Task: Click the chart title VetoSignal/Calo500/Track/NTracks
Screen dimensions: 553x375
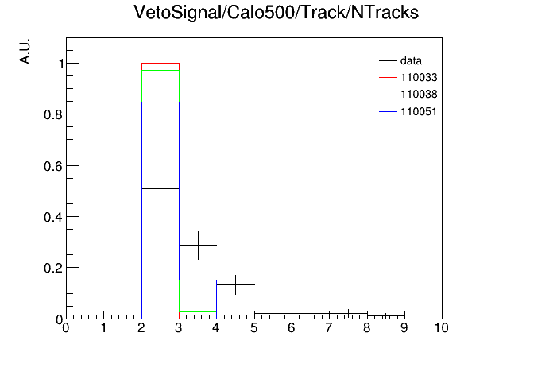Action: pos(276,13)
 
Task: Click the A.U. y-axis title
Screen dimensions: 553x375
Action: pos(25,51)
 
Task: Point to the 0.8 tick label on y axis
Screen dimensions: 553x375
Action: pos(53,114)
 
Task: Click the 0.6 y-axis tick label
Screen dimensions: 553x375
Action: pos(53,166)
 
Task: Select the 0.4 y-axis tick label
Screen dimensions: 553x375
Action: pos(53,218)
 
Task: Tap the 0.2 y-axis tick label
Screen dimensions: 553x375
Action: pos(53,268)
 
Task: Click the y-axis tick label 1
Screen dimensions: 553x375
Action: pos(61,64)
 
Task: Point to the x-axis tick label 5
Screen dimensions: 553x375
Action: pos(254,328)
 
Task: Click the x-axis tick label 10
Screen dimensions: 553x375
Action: pos(441,328)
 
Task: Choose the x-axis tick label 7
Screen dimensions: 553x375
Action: pos(329,328)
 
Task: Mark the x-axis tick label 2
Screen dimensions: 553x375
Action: pos(141,328)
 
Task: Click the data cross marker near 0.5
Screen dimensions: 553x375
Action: pos(160,188)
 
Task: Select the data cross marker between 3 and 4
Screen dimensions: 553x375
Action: pos(198,245)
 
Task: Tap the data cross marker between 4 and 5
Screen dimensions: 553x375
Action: pos(236,284)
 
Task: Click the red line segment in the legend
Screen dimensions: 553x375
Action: pos(388,78)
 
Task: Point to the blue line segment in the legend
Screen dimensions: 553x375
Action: pos(388,112)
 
